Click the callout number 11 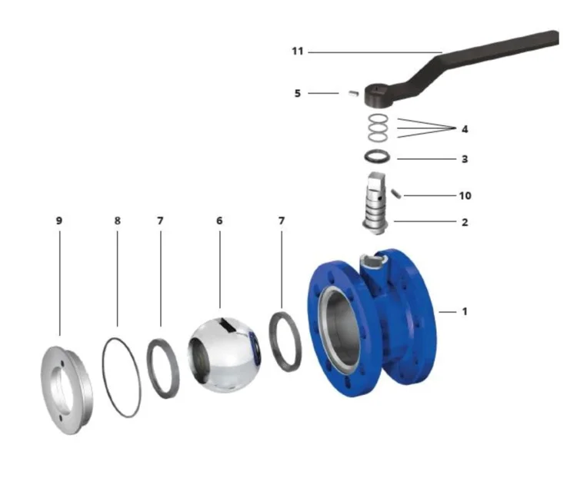point(297,51)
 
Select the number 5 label point(297,94)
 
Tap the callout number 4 point(465,129)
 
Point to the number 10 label point(465,195)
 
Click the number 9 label point(59,221)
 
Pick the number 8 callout point(118,221)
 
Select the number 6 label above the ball point(219,221)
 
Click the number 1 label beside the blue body point(465,311)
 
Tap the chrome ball point(224,355)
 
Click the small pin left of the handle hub point(353,93)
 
